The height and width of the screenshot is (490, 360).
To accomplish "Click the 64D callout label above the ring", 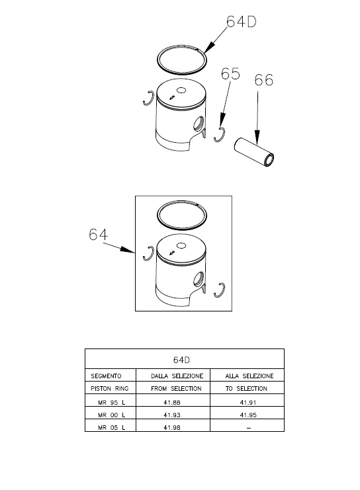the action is point(241,22).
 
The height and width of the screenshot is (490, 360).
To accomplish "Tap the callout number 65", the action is point(230,74).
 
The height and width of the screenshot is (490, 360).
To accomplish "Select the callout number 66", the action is point(263,80).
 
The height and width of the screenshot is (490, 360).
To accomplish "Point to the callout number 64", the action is point(98,234).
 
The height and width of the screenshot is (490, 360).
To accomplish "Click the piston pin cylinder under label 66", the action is point(254,152).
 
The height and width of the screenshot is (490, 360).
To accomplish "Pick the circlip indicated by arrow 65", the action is point(220,135).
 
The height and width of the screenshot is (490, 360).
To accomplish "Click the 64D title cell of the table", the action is point(181,360).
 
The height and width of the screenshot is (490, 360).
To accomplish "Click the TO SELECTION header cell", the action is point(246,388).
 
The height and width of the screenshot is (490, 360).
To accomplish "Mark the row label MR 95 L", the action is point(111,403).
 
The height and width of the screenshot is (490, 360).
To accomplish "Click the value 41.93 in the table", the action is point(172,415).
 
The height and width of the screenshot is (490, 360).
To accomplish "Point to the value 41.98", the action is point(172,427).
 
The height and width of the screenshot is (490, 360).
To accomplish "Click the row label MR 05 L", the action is point(111,427).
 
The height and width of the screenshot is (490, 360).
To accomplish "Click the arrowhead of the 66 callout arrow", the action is point(257,138).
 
